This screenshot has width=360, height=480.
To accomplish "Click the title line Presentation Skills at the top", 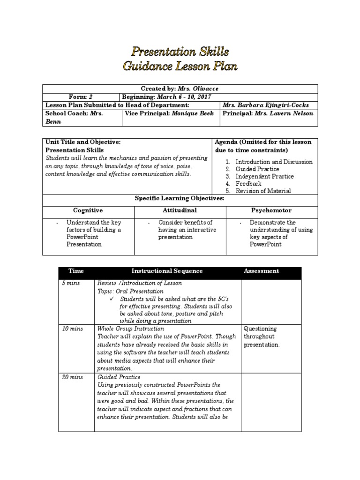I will [x=180, y=51].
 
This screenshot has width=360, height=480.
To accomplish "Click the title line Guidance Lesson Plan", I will [x=180, y=66].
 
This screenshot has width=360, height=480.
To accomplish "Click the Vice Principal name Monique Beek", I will [x=193, y=113].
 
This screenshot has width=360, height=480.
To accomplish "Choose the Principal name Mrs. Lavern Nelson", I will [x=284, y=113].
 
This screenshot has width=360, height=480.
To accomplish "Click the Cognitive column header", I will [x=88, y=210].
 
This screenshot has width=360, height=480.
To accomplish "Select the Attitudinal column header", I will [x=180, y=210].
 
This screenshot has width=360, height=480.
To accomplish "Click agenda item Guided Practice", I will [x=257, y=169].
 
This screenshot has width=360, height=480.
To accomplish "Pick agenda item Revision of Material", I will [x=263, y=191].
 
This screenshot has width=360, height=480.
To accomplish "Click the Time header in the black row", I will [x=75, y=271].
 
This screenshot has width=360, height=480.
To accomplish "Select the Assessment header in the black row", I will [x=261, y=271].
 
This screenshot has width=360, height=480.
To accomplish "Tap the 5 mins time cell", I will [x=70, y=283].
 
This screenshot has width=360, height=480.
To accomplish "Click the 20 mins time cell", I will [x=72, y=377].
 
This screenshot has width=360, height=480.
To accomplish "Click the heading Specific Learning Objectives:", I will [x=180, y=199].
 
